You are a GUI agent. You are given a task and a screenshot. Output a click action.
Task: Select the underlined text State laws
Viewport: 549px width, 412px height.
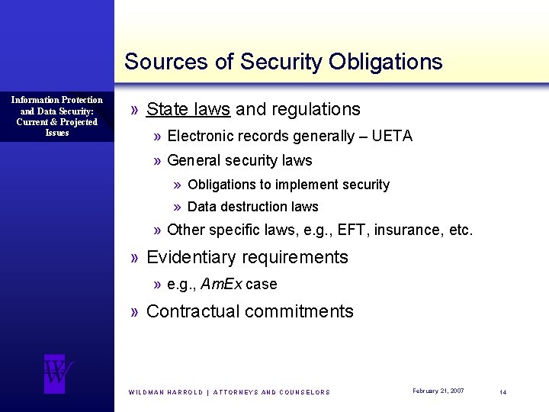pos(188,110)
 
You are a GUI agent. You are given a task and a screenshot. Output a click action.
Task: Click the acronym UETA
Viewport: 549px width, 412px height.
pos(392,137)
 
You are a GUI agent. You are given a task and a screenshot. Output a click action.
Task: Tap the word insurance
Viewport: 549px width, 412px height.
pos(407,230)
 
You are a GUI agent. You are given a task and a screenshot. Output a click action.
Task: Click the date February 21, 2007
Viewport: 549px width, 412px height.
pos(438,391)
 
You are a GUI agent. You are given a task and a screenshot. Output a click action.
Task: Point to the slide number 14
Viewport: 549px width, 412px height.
pos(503,391)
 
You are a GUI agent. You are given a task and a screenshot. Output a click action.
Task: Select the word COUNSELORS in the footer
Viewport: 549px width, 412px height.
pos(306,392)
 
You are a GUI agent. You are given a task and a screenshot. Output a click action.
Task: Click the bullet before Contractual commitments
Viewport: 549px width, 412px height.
pos(134,311)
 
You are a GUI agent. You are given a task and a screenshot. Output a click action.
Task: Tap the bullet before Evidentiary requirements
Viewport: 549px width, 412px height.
pos(134,257)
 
